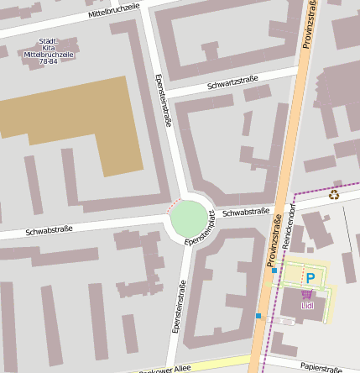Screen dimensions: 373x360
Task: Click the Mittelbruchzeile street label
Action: tap(115, 12)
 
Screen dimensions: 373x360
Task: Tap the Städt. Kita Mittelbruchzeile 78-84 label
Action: tap(49, 51)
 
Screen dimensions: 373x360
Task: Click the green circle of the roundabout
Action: tap(188, 218)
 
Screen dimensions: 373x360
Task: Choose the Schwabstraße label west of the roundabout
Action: tap(49, 229)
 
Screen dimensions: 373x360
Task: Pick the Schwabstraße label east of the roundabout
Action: tap(245, 213)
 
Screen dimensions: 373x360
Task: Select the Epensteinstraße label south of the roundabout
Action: tap(179, 307)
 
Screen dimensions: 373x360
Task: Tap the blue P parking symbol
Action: tap(310, 277)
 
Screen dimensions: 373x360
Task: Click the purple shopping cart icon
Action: tap(306, 294)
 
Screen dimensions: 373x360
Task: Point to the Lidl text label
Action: tap(306, 305)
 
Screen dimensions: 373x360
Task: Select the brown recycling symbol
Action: tap(334, 195)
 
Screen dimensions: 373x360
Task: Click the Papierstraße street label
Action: tap(320, 367)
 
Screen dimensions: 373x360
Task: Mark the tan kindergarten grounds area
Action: tap(76, 118)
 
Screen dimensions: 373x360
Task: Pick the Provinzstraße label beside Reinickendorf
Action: tap(273, 244)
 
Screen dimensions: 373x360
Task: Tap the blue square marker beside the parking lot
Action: tap(274, 271)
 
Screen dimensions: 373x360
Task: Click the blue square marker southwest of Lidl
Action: tap(258, 316)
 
